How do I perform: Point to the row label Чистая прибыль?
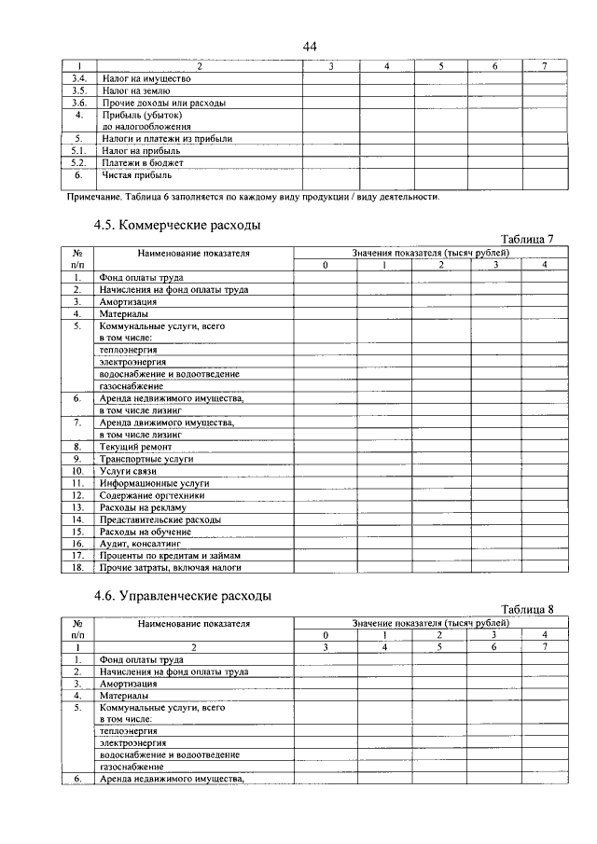pos(136,174)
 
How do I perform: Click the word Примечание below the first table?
pos(98,197)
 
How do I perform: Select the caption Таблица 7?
pos(527,240)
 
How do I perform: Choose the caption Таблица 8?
pos(527,610)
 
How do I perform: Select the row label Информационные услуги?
pos(155,484)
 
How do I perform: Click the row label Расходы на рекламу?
pos(144,507)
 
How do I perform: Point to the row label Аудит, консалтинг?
pos(140,543)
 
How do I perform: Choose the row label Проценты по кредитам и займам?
pos(167,555)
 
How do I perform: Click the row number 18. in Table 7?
pos(78,567)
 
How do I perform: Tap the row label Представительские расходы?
pos(160,519)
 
